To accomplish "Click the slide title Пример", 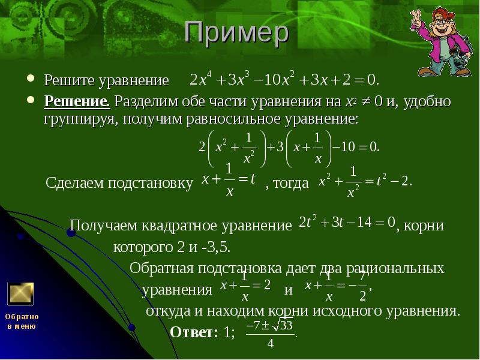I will (x=236, y=35).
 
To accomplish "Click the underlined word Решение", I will (x=76, y=101).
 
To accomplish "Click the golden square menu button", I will (x=20, y=294).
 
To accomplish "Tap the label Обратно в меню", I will (x=22, y=321).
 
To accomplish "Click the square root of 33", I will (x=281, y=326).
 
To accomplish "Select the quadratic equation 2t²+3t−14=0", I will (x=347, y=223).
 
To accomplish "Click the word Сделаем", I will (x=73, y=184).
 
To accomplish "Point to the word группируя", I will (x=82, y=118).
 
